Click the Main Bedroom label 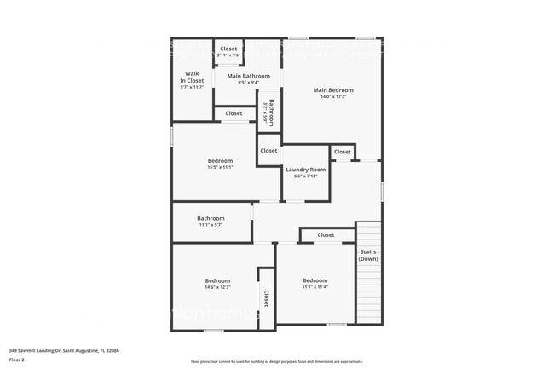click(332, 89)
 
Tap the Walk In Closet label click(192, 77)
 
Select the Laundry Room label click(305, 170)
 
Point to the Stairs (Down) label click(368, 255)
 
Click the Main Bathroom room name click(248, 76)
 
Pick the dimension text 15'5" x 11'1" click(220, 168)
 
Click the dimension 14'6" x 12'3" click(216, 287)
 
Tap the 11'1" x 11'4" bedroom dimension click(315, 287)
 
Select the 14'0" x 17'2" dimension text click(332, 96)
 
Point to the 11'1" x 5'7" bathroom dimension click(211, 225)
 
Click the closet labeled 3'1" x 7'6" click(228, 55)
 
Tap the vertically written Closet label click(266, 298)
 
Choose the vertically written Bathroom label click(271, 113)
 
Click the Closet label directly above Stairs click(326, 235)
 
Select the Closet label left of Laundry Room click(268, 151)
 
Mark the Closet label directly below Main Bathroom click(234, 113)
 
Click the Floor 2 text click(17, 360)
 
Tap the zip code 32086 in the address click(111, 350)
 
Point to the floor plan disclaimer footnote click(276, 362)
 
